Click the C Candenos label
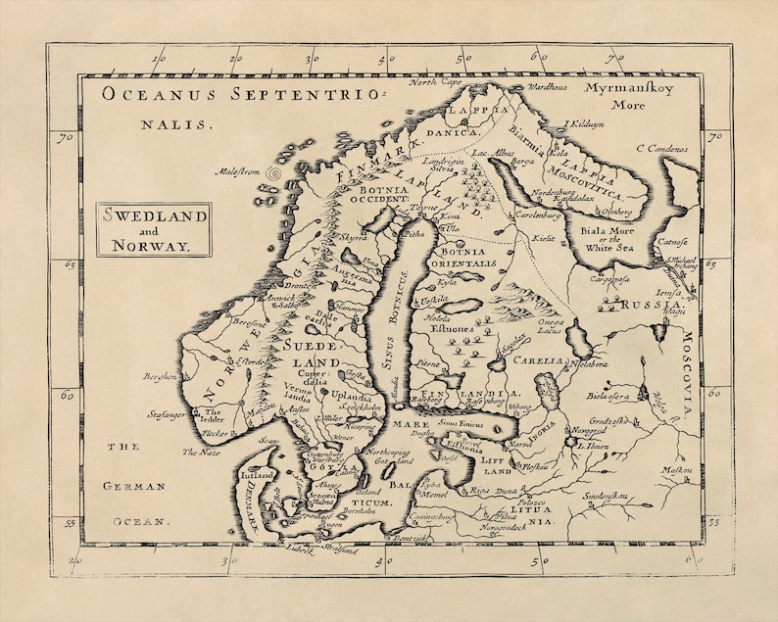[661, 149]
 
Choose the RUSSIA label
[650, 305]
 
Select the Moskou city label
[676, 470]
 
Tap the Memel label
[433, 495]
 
